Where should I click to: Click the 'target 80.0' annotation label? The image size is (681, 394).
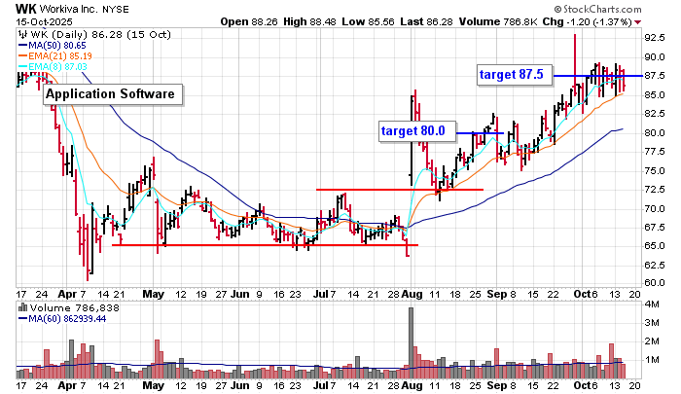pos(412,129)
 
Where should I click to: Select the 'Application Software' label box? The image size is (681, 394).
pos(112,94)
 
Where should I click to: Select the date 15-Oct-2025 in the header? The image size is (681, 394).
pos(29,20)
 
